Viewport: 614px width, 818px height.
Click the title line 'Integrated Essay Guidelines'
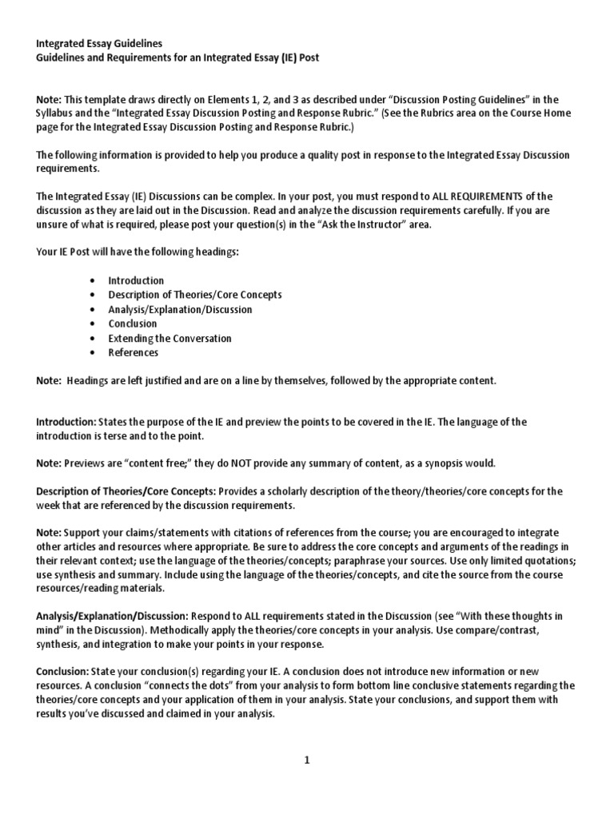coord(100,44)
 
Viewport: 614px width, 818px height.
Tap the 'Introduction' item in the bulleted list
coord(136,280)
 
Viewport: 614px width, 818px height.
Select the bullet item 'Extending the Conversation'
coord(169,338)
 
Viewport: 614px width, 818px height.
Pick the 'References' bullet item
coord(133,352)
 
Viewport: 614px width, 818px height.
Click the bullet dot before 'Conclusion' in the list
coord(94,324)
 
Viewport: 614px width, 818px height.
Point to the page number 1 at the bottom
coord(306,760)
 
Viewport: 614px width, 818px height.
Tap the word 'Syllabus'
coord(56,113)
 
